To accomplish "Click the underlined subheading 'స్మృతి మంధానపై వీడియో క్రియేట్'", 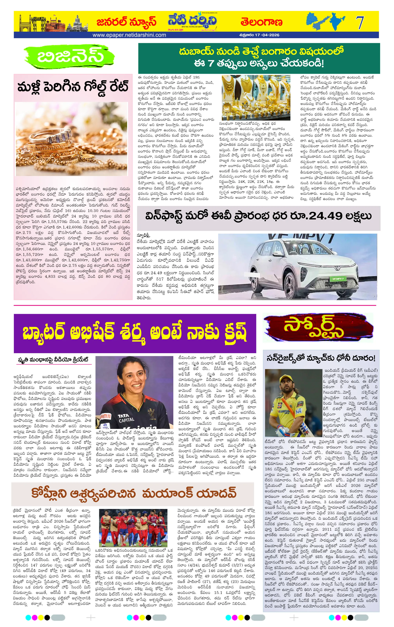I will [53, 360].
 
